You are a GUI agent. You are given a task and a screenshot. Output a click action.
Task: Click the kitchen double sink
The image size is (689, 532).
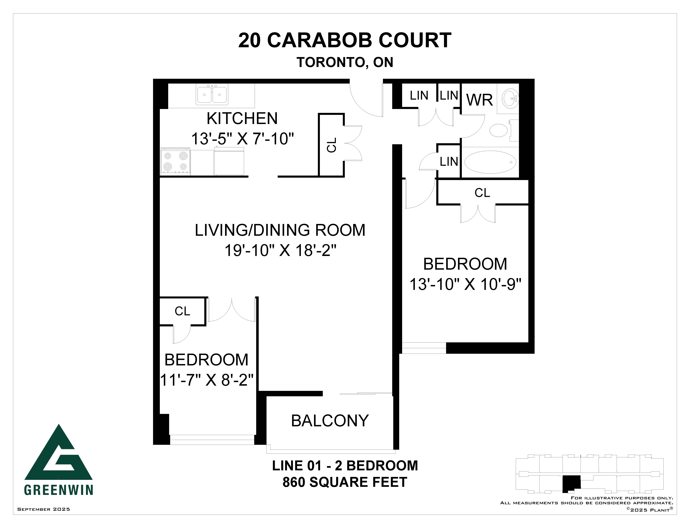tap(212, 94)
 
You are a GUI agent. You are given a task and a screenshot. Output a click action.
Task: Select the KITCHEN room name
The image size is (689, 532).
tap(242, 119)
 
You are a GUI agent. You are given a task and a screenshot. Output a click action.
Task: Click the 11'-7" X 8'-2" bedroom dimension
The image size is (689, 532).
tap(207, 380)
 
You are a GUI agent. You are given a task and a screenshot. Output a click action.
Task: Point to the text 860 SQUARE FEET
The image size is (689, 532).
tap(345, 482)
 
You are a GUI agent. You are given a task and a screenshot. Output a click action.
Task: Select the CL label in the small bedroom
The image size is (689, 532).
tap(182, 311)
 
